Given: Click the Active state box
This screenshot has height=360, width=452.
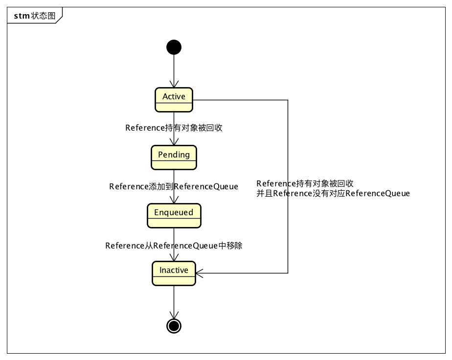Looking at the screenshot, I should pos(174,100).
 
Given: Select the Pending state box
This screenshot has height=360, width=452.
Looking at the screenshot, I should pos(174,157).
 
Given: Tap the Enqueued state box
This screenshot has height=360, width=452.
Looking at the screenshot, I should pos(174,215).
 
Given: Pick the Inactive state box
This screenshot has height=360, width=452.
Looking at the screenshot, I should pos(174,273).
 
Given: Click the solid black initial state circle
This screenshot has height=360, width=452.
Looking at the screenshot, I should pos(174,47).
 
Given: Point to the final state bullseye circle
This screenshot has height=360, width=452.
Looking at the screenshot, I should pos(174,325).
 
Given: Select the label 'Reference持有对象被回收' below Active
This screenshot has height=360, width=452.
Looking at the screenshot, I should pos(174,128).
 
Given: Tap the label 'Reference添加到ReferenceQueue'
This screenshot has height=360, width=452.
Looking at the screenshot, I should pos(174,186).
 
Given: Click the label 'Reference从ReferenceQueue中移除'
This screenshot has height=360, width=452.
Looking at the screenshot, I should pos(174,246).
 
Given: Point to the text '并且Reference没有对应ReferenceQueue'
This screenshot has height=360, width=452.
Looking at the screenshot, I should pos(333,194).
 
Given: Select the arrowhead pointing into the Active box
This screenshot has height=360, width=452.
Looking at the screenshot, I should pos(174,84).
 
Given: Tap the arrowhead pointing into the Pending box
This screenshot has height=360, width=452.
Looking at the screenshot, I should pos(174,142).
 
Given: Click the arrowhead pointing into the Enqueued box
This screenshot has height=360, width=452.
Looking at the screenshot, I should pos(174,200).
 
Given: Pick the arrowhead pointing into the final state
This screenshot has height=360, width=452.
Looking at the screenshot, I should pos(174,315).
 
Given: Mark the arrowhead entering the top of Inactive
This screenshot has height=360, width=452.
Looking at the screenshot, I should pos(174,258).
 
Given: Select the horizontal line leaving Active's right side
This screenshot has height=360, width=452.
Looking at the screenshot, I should pos(240,100).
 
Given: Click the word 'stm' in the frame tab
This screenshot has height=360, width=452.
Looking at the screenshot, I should pos(22,16).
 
